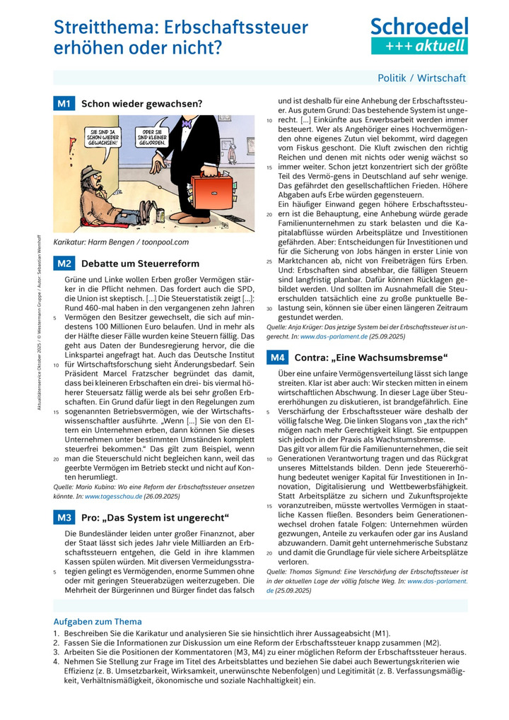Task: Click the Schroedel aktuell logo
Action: tap(419, 35)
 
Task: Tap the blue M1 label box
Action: tap(64, 103)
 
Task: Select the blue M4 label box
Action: tap(276, 358)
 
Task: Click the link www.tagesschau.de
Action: tap(112, 497)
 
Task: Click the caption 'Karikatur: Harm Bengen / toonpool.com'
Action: tap(113, 242)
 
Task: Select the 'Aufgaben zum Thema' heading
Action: tap(98, 622)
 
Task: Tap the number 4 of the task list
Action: tap(56, 661)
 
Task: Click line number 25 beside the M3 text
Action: tap(269, 261)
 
